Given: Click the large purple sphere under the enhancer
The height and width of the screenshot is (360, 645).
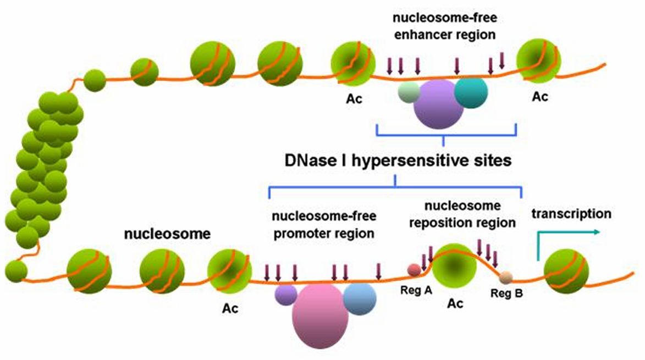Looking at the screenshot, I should (438, 104).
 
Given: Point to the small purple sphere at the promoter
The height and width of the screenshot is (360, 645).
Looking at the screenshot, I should (285, 295).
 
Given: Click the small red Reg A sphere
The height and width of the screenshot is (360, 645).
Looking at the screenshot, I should (414, 269).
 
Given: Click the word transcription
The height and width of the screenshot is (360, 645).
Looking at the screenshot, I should (571, 214).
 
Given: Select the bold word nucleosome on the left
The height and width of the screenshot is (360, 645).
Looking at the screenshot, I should (167, 234).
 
